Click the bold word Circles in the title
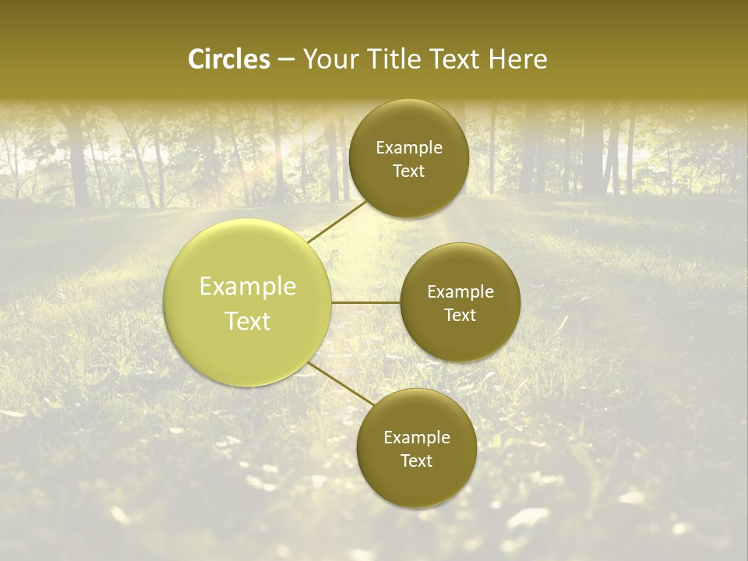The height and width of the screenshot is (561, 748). (x=229, y=59)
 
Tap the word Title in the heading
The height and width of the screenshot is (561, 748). (x=397, y=59)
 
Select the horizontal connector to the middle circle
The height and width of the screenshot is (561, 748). (x=366, y=302)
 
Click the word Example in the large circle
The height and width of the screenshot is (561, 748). (x=248, y=287)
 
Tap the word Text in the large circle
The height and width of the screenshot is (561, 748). (x=248, y=321)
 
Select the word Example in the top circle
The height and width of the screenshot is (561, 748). (x=409, y=148)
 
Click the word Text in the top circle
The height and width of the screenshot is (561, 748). (x=409, y=171)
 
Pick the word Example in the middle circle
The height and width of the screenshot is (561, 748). (x=460, y=292)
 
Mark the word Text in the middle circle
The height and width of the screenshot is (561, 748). (x=460, y=316)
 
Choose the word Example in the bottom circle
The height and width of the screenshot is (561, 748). (x=417, y=438)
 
